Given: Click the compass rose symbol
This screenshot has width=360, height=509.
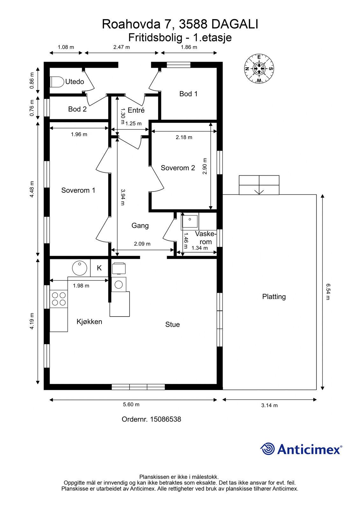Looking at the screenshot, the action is (x=259, y=68).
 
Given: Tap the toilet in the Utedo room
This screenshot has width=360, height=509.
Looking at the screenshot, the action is (x=57, y=82).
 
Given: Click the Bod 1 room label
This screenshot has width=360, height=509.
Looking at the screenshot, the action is (x=188, y=94).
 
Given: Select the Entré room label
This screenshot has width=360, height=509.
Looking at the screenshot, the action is (x=136, y=110).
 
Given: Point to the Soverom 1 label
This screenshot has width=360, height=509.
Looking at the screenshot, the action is (x=78, y=190).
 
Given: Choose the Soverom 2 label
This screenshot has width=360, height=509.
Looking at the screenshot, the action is (x=178, y=168).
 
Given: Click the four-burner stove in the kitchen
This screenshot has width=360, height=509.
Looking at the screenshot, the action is (x=59, y=299).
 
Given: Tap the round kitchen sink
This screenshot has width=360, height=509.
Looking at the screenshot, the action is (x=80, y=268).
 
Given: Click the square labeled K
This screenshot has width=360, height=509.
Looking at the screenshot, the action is (x=99, y=268).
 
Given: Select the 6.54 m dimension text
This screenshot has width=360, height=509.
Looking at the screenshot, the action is (x=328, y=291).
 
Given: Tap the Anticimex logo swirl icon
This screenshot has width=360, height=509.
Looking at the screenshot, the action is (x=267, y=449).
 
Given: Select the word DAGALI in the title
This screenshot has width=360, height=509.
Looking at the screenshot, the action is (x=235, y=24).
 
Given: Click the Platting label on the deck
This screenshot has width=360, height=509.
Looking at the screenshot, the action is (x=274, y=296).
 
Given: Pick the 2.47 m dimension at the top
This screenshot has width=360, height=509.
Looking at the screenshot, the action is (x=122, y=47).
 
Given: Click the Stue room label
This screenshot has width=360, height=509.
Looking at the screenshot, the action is (x=173, y=324).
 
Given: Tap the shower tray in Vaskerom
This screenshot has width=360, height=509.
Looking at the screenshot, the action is (x=190, y=221).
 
